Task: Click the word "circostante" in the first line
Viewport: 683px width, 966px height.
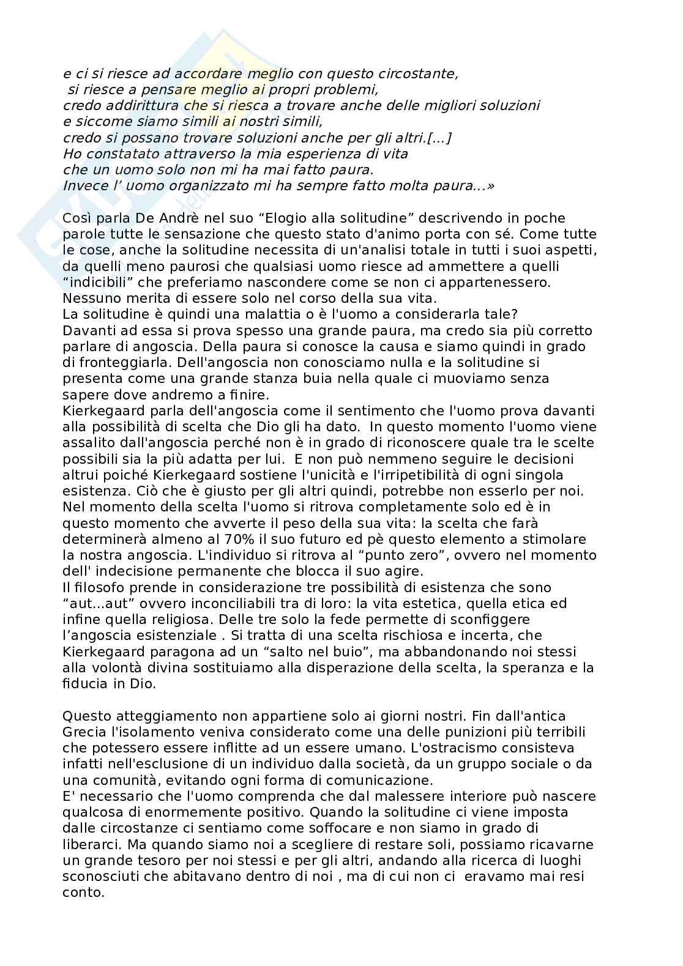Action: (416, 75)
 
